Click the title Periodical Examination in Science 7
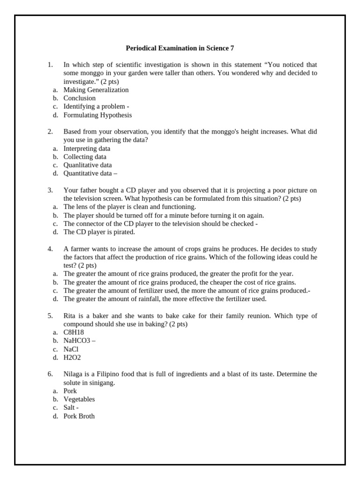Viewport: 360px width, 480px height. tap(180, 48)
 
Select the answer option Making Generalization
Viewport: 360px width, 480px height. tap(96, 90)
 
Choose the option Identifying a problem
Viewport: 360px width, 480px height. tap(96, 106)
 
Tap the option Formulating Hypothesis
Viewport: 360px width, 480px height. tap(97, 115)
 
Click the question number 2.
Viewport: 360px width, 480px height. tap(50, 132)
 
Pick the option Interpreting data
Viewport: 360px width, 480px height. tap(87, 149)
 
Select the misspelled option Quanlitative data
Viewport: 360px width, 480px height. tap(88, 165)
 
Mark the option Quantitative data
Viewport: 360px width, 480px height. tap(89, 173)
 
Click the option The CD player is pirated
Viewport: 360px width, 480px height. tap(99, 232)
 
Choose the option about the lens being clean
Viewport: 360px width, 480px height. tap(129, 207)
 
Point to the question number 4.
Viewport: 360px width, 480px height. tap(50, 249)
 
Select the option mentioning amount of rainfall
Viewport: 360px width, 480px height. tap(165, 299)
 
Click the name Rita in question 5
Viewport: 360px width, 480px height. tap(70, 316)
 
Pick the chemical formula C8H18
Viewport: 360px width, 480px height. tap(74, 332)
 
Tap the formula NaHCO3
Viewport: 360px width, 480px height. tap(78, 341)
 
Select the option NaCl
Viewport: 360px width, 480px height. tap(71, 349)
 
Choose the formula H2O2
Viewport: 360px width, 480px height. tap(72, 358)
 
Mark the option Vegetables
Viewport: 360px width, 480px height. tap(79, 399)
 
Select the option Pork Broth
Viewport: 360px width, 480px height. tap(79, 416)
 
